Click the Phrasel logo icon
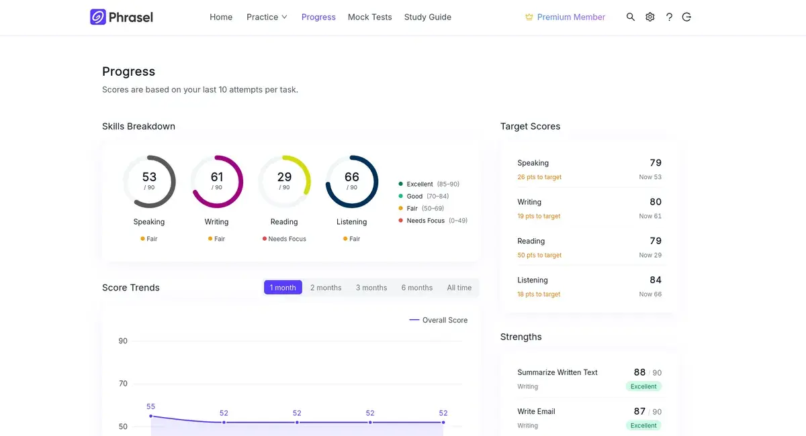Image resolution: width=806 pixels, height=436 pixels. (98, 17)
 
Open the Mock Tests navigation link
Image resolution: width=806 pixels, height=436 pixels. (369, 17)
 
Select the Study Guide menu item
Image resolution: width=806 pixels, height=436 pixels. (427, 17)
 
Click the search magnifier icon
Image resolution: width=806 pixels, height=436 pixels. (631, 17)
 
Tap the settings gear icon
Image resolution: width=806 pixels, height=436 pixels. (650, 17)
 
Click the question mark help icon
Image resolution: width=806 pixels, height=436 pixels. (669, 17)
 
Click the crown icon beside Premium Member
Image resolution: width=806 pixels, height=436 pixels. (529, 17)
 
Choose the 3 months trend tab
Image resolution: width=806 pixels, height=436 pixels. (371, 288)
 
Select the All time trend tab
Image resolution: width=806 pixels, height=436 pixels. (459, 288)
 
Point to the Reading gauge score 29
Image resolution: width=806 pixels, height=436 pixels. (284, 177)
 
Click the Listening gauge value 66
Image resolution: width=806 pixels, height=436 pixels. (351, 177)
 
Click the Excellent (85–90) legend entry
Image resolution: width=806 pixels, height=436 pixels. (429, 184)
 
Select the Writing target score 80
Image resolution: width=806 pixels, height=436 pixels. (656, 202)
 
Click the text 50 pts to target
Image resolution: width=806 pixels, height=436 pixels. (539, 255)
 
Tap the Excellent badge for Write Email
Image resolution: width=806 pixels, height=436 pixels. (643, 425)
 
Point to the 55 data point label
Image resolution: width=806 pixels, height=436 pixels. (150, 406)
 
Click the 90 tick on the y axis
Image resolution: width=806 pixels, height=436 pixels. (123, 341)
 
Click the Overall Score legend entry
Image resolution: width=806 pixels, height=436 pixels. (438, 320)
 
